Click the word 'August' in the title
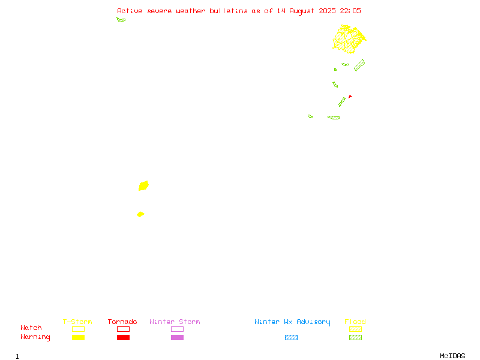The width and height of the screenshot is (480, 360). (x=302, y=11)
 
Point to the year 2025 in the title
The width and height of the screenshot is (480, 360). (x=327, y=11)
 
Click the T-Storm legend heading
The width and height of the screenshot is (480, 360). (x=77, y=322)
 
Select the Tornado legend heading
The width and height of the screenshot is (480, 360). (x=122, y=322)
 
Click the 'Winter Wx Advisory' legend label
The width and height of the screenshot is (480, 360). (x=292, y=322)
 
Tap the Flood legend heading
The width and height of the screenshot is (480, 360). (x=355, y=322)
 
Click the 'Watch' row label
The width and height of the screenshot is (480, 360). (x=31, y=328)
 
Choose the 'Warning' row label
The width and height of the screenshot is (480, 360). (x=35, y=337)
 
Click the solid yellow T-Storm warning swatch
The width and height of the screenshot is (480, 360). (x=79, y=337)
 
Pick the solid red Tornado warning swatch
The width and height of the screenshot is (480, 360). (x=124, y=337)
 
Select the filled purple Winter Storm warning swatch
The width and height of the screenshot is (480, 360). (x=177, y=337)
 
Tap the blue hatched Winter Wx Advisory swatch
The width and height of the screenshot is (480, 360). (x=291, y=337)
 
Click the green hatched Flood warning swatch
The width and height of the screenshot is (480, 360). (x=355, y=337)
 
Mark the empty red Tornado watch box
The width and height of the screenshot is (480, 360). (x=124, y=329)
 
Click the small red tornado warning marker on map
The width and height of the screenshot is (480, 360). (x=350, y=97)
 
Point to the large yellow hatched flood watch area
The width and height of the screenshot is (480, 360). (x=349, y=39)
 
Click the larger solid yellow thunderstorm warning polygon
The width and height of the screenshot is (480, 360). (x=143, y=186)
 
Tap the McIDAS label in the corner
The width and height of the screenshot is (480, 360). (x=452, y=356)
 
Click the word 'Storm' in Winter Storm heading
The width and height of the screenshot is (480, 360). (x=190, y=322)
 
